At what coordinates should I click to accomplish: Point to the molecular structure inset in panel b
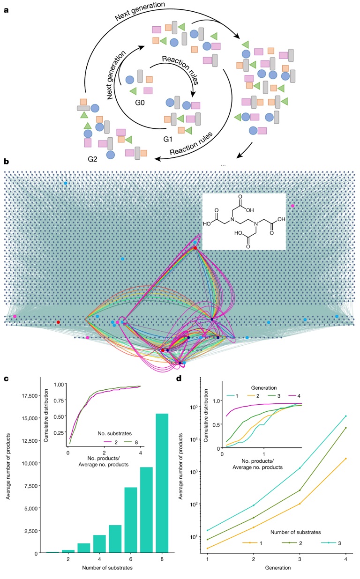[244, 221]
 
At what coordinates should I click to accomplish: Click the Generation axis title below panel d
[277, 569]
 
